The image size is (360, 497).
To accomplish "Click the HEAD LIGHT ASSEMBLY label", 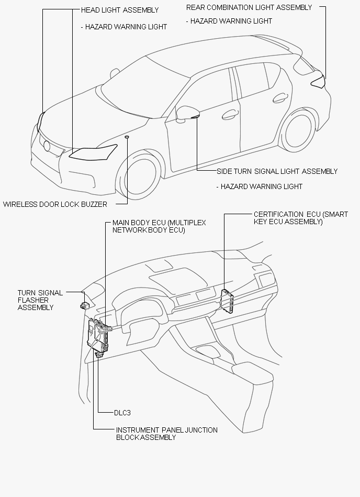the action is click(120, 10).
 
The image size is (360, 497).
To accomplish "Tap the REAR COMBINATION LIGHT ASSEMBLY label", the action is click(249, 7).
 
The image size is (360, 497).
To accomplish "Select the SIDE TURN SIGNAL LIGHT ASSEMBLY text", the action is click(277, 171).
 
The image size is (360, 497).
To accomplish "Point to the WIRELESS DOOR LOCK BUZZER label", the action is click(55, 204).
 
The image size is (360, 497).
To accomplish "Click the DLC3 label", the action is click(122, 413).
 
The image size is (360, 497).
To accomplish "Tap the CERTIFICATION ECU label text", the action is click(301, 218).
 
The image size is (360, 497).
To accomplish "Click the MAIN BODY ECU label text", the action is click(159, 226).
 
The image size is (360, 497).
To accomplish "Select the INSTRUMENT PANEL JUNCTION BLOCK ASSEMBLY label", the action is click(166, 434).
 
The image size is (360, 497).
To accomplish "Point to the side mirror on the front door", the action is click(187, 114).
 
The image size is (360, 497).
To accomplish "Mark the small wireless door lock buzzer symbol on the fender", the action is click(127, 137).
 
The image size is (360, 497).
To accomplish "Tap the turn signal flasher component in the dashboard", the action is click(85, 305).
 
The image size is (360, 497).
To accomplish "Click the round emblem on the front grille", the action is click(47, 146).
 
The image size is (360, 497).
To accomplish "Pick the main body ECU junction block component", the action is click(98, 336).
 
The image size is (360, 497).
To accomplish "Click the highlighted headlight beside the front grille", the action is click(93, 152).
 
